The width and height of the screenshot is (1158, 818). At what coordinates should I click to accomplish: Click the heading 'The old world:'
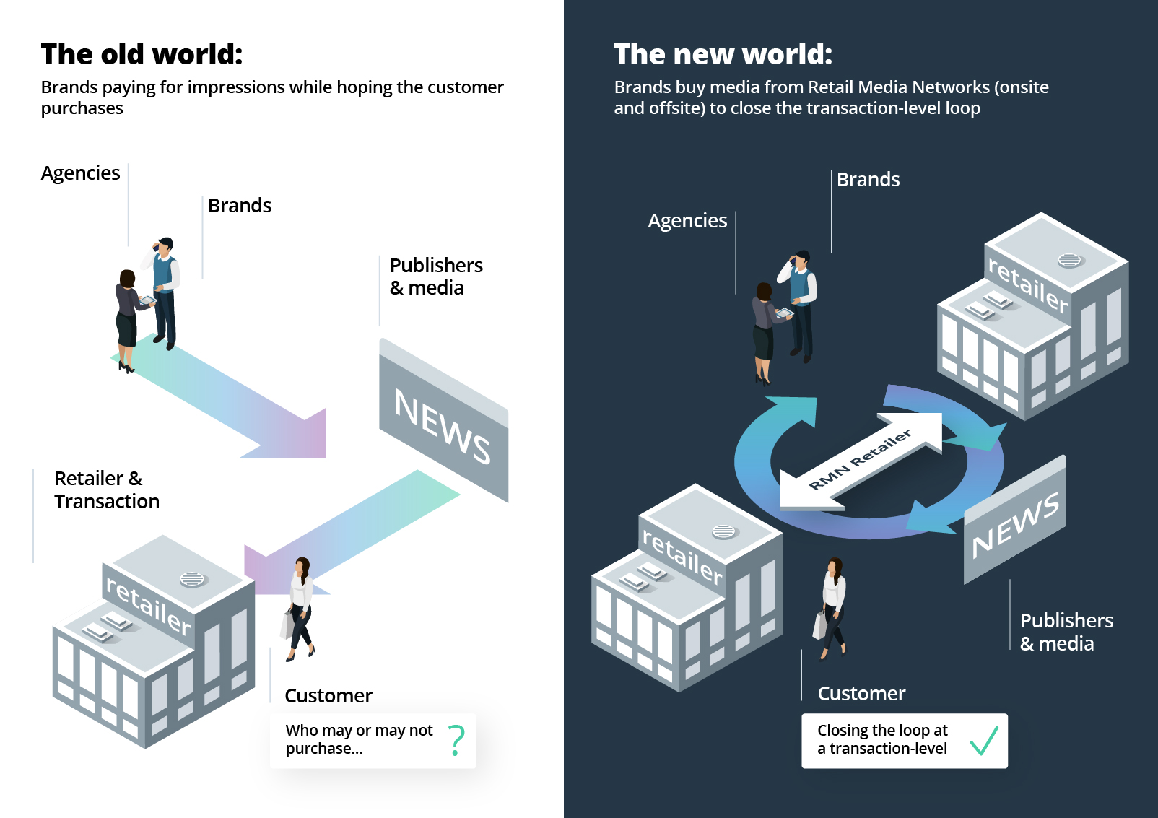[142, 54]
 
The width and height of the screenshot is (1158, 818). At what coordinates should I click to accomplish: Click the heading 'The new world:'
[723, 54]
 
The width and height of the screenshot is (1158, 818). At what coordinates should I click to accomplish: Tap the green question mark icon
[456, 740]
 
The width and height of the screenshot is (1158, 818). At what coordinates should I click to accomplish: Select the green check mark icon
[983, 740]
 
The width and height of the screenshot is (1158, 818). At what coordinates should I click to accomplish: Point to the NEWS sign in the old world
[443, 426]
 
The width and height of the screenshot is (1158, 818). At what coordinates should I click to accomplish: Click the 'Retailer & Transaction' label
[106, 490]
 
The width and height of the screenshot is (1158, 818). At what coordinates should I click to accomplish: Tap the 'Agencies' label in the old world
[80, 173]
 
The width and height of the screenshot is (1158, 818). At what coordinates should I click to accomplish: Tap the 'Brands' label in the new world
[868, 180]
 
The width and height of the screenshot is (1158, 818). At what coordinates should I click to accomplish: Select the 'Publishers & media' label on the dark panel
[1066, 632]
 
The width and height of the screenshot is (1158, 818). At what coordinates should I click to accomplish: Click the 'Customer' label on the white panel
[328, 696]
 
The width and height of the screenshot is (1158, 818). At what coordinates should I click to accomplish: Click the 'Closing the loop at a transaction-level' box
[904, 740]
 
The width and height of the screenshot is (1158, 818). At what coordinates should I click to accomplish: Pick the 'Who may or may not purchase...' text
[359, 739]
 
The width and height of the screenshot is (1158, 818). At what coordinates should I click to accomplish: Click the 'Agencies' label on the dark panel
[687, 221]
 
